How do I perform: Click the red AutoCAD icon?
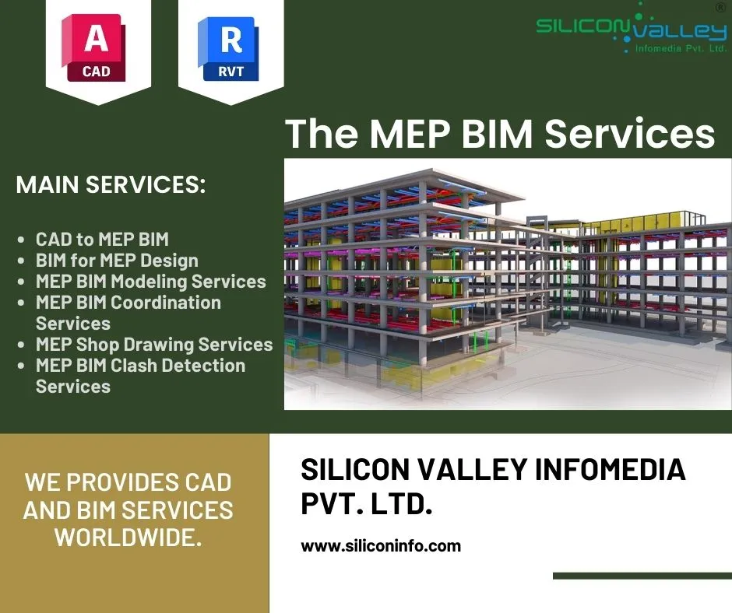[x=93, y=47]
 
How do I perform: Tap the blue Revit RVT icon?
[x=228, y=48]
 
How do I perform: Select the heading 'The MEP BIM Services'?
[x=500, y=134]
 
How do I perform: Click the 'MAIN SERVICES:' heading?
[x=111, y=184]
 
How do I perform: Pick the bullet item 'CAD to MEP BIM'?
[x=102, y=240]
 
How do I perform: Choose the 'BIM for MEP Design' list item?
[x=117, y=261]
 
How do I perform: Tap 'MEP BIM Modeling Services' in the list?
[x=151, y=282]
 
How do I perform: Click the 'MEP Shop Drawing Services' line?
[x=154, y=345]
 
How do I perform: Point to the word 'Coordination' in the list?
[x=166, y=303]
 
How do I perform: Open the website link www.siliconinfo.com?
[x=381, y=545]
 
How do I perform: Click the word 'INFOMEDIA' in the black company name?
[x=611, y=469]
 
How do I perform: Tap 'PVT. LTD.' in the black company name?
[x=367, y=504]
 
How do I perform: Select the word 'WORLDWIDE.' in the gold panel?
[x=128, y=537]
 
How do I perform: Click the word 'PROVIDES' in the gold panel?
[x=123, y=482]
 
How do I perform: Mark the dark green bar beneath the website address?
[x=642, y=576]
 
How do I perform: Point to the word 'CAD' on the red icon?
[x=96, y=72]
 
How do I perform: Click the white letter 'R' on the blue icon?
[x=231, y=40]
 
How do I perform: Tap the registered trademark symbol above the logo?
[x=720, y=8]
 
